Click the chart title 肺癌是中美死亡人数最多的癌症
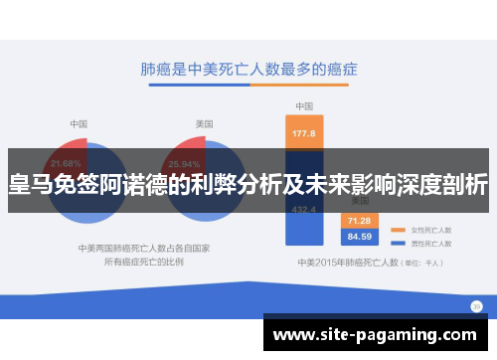248,72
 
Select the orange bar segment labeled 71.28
359,220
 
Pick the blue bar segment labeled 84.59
359,236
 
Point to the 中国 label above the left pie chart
79,123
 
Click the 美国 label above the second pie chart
203,123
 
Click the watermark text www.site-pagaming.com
379,335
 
